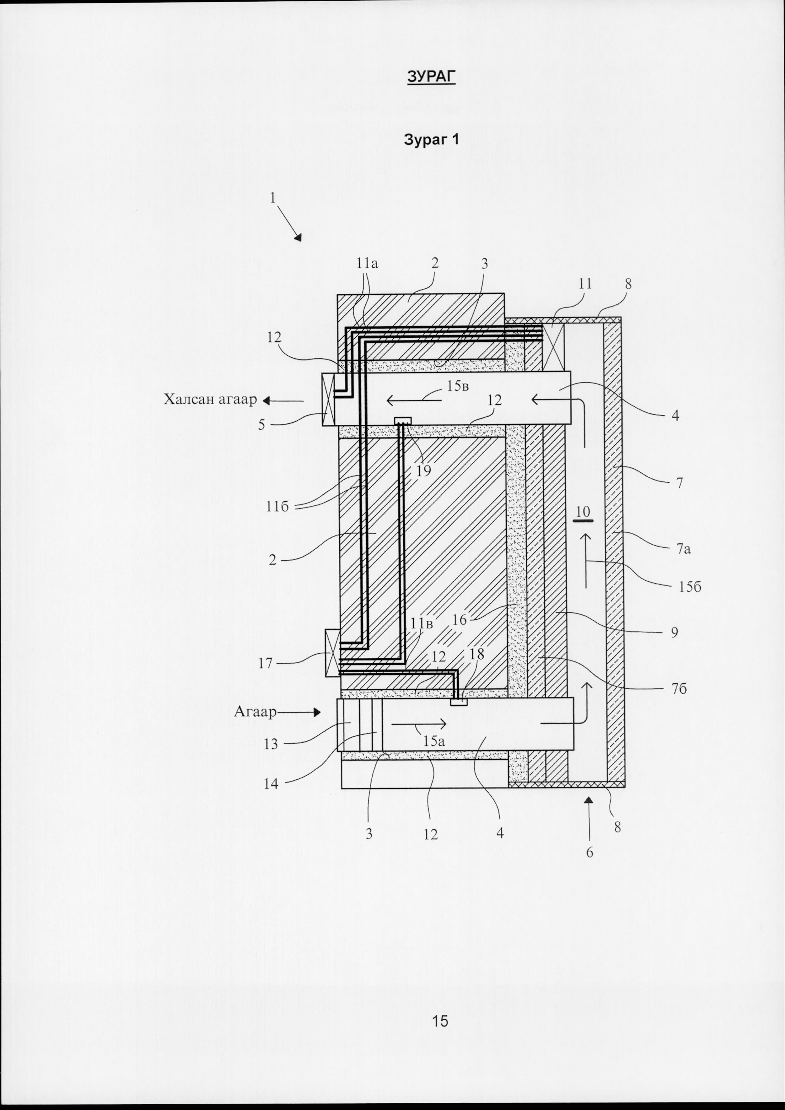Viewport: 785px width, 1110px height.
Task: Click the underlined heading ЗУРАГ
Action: pos(431,76)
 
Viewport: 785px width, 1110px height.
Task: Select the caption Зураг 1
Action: pos(431,140)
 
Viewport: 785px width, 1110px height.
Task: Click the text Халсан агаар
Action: pos(210,399)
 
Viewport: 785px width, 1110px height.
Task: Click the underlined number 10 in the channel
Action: pos(583,511)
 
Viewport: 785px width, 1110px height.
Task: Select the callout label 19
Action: pos(424,470)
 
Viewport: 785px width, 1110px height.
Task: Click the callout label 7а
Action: pos(683,549)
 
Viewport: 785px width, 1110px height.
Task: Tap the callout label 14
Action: pos(271,784)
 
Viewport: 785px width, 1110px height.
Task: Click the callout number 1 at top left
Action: pos(273,198)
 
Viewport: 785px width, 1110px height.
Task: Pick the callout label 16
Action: pos(460,620)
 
